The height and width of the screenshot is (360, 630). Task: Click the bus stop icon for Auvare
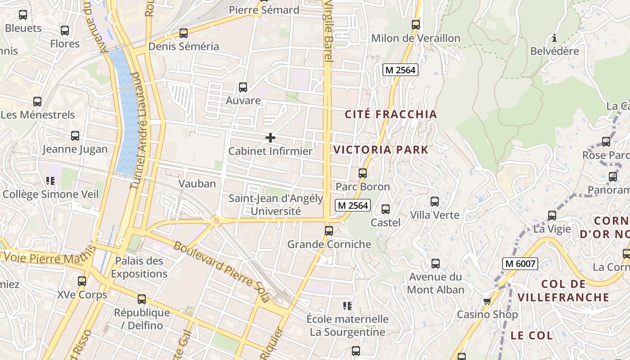[x=243, y=87]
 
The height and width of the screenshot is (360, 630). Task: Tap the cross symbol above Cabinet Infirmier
[x=270, y=138]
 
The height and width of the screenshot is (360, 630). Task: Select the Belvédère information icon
[x=554, y=38]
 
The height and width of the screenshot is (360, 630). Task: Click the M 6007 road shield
[x=520, y=263]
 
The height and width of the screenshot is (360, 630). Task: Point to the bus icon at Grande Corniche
[x=329, y=231]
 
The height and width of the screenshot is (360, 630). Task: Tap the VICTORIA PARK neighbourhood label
[x=381, y=150]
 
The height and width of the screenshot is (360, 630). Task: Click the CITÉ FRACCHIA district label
[x=391, y=114]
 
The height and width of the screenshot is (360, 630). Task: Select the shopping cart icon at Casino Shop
[x=487, y=301]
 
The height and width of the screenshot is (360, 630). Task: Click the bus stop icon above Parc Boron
[x=363, y=173]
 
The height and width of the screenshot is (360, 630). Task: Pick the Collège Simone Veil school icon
[x=50, y=181]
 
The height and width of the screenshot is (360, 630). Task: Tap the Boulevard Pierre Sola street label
[x=221, y=272]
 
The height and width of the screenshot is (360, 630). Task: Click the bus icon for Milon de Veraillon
[x=416, y=25]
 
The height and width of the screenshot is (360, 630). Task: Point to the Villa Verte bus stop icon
[x=434, y=202]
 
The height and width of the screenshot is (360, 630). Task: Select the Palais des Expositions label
[x=139, y=267]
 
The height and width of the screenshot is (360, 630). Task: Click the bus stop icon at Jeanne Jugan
[x=75, y=136]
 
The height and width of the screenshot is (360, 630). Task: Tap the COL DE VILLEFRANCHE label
[x=563, y=290]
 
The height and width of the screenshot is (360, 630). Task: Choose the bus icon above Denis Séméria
[x=183, y=33]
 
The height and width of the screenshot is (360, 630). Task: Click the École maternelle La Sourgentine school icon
[x=347, y=306]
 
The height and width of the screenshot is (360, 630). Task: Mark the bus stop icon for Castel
[x=386, y=209]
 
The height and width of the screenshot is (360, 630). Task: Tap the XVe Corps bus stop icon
[x=82, y=281]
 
